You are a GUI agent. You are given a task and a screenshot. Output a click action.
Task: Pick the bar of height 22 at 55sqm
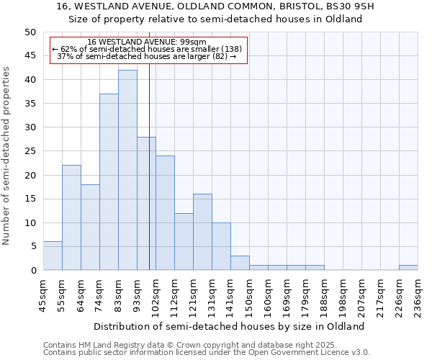71,217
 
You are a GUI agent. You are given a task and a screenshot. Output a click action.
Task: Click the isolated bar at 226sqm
408,268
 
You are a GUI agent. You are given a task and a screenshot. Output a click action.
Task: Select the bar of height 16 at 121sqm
202,232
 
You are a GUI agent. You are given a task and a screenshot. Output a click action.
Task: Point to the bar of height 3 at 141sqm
240,263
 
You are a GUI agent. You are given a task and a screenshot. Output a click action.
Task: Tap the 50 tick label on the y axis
30,32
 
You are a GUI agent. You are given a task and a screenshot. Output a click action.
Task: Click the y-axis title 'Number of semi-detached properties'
7,155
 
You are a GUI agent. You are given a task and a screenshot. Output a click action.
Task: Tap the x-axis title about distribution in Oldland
229,326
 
